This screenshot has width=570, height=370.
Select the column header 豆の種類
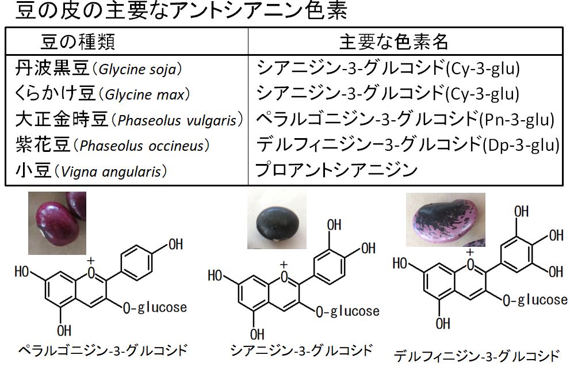coord(78,41)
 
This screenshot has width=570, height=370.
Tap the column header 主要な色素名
coord(393,41)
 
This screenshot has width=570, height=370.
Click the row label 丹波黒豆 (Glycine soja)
coord(98,69)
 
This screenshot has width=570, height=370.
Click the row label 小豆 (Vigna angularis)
coord(91,170)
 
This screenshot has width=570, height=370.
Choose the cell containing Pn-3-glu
coord(405,120)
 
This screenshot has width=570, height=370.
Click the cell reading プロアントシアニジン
coord(336,170)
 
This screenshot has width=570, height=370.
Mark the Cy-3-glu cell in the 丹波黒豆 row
coord(388,69)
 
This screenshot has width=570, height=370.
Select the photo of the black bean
coord(276,219)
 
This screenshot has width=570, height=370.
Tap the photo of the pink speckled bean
coord(445,219)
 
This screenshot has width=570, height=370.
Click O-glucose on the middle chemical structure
coord(347,311)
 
